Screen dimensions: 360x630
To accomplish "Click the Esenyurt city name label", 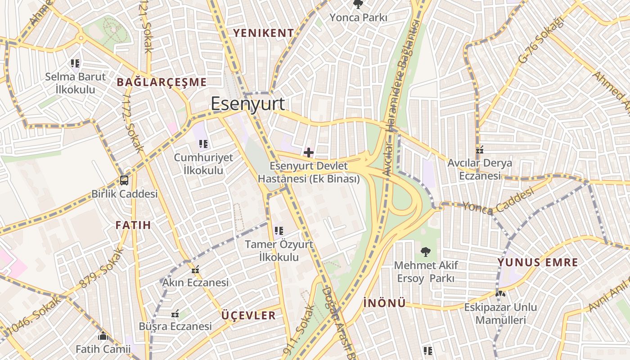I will click(247, 103).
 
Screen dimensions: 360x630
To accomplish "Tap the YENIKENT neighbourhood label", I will click(263, 33).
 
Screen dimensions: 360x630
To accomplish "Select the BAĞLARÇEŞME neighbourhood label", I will click(162, 82).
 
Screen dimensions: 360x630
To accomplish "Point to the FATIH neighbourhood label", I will click(133, 225).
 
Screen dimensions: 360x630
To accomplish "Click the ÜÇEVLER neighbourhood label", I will click(248, 315).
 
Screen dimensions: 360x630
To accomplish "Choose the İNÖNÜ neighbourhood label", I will click(384, 303).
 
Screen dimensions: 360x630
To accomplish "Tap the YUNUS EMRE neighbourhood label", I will click(538, 262).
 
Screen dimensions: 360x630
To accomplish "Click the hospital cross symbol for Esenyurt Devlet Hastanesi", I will click(309, 153).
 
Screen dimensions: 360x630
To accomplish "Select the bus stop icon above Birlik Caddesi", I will click(124, 180).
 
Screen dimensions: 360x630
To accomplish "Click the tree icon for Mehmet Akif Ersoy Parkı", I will click(425, 252).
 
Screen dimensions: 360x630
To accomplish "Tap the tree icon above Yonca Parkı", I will click(358, 4).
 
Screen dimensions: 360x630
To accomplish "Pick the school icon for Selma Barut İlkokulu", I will click(75, 63).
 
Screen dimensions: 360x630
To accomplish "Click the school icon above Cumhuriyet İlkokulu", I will click(203, 144).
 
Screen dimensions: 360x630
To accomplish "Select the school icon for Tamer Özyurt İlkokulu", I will click(279, 231).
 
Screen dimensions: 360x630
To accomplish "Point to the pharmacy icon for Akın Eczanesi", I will click(195, 270).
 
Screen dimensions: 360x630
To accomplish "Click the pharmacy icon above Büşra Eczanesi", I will click(175, 313).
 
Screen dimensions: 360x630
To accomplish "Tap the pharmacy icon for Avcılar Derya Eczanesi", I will click(480, 149).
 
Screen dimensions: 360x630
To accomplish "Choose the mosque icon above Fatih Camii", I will click(103, 336).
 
